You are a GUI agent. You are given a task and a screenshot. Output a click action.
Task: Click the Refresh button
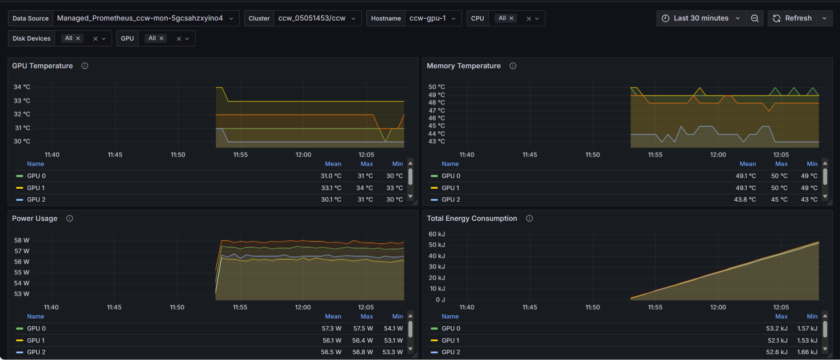pos(792,18)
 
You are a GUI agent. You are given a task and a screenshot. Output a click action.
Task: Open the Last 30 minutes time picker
pos(701,18)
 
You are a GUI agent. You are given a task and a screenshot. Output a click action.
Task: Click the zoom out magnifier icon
pos(755,18)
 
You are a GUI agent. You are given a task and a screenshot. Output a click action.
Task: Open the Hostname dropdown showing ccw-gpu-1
pos(433,18)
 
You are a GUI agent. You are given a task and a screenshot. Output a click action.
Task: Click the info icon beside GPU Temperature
pos(85,66)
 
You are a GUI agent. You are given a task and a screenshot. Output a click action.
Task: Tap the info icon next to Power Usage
pos(70,219)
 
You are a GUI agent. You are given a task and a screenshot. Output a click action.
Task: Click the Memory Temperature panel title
pos(464,66)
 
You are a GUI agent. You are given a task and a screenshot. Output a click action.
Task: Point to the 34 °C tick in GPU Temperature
pos(22,87)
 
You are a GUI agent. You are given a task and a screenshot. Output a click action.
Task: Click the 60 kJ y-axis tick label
pos(437,234)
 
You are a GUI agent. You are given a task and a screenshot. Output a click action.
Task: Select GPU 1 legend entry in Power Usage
pos(36,340)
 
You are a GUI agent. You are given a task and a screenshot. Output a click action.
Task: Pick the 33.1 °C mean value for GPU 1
pos(331,188)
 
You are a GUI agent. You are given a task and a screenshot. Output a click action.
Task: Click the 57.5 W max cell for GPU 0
pos(363,328)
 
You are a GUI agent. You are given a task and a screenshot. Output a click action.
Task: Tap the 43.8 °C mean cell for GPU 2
pos(745,199)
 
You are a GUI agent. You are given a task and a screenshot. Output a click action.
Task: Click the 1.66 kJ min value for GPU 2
pos(807,352)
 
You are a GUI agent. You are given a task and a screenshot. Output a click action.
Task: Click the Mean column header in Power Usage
pos(333,316)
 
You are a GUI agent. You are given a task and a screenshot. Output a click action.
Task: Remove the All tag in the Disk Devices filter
pos(78,38)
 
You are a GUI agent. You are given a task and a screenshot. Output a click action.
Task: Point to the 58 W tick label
pos(22,240)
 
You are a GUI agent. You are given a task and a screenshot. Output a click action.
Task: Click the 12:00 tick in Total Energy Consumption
pos(718,307)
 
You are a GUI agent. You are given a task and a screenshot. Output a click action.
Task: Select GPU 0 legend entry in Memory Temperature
pos(451,176)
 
